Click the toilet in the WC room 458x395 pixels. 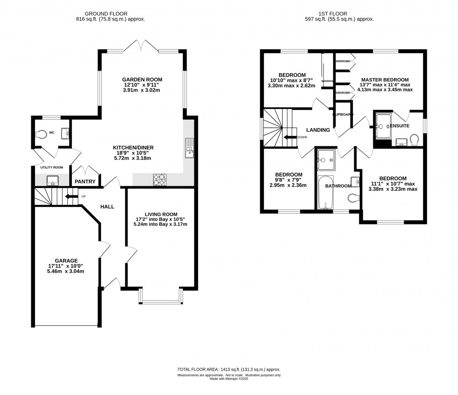43,134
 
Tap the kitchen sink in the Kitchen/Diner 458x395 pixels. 189,149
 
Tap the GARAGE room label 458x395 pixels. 66,260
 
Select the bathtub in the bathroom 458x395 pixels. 325,193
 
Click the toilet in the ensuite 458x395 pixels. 414,139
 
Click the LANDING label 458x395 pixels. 318,130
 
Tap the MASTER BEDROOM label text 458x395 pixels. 384,79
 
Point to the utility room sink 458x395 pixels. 52,180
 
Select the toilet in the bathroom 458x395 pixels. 354,198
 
